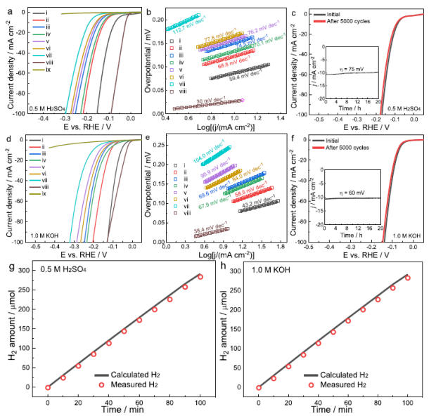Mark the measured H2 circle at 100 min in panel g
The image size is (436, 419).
pyautogui.click(x=200, y=277)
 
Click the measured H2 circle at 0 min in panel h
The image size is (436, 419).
pyautogui.click(x=259, y=387)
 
